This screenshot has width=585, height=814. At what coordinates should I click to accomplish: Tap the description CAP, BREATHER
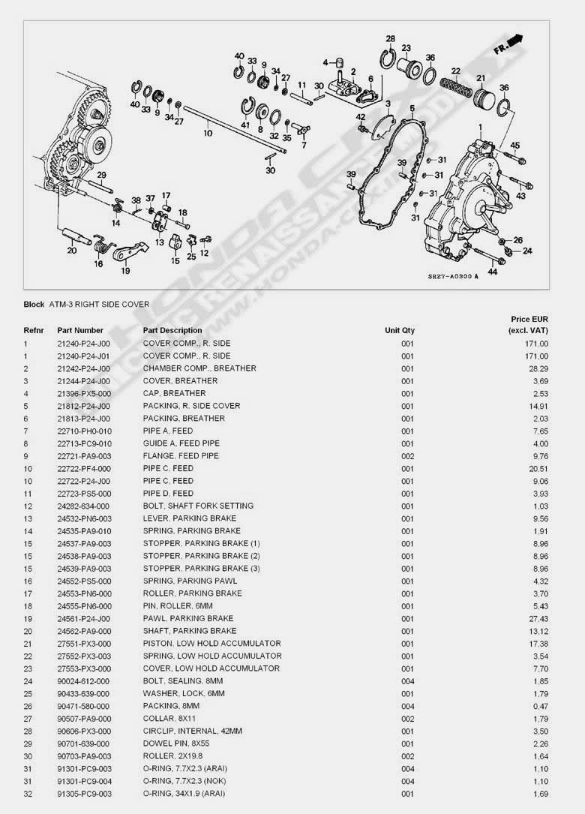click(x=175, y=394)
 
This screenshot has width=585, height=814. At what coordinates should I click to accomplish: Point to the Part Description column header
click(x=172, y=330)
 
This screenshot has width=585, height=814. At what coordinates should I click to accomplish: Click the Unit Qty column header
click(x=400, y=330)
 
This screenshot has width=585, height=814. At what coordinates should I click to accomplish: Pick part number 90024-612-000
click(x=83, y=681)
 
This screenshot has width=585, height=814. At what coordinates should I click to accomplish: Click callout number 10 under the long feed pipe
click(x=208, y=134)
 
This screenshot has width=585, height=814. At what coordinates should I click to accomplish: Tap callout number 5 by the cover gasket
click(x=412, y=109)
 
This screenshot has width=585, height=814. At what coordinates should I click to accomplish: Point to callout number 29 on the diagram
click(x=102, y=176)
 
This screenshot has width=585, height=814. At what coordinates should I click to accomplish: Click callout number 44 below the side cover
click(x=492, y=272)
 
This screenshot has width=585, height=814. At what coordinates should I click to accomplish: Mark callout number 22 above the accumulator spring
click(x=456, y=71)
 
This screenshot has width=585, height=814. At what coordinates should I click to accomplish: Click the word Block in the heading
click(x=34, y=304)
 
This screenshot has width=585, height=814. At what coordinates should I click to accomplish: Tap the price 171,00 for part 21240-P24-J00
click(x=536, y=344)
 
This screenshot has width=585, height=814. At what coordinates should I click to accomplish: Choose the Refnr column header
click(x=34, y=330)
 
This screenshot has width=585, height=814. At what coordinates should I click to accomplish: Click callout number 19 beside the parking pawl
click(x=125, y=271)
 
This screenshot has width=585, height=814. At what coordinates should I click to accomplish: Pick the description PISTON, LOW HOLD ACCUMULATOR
click(x=211, y=643)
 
